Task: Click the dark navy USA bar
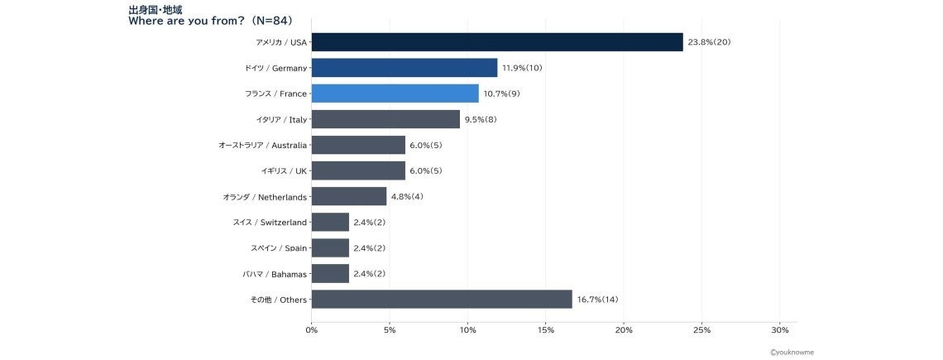[497, 42]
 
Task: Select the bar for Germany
[404, 67]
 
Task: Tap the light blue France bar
[395, 94]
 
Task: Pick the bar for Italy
[386, 119]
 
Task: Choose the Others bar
[442, 300]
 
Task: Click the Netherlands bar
[349, 196]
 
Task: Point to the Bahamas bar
[331, 273]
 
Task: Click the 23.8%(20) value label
[709, 42]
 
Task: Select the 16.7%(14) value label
[598, 300]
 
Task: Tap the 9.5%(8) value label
[481, 119]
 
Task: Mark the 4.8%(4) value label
[407, 196]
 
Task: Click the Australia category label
[263, 145]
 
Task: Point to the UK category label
[285, 171]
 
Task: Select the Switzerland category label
[270, 222]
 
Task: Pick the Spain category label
[279, 248]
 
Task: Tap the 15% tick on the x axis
[545, 330]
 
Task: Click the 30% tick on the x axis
[779, 330]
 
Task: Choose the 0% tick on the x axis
[312, 330]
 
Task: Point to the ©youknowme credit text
[792, 353]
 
